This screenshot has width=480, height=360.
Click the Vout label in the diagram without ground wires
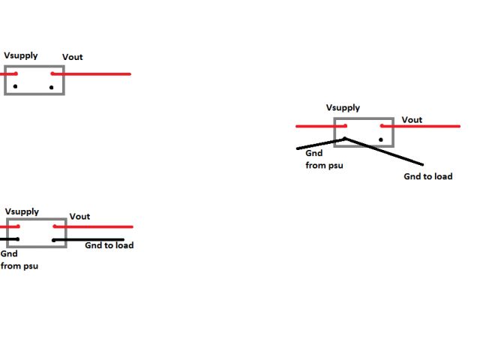click(x=73, y=57)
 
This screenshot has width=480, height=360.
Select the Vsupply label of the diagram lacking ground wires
click(x=21, y=55)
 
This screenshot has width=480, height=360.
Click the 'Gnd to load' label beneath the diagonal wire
click(x=427, y=177)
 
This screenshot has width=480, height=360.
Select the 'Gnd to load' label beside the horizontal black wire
click(x=109, y=245)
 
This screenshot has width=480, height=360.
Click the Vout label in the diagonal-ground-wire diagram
click(x=412, y=120)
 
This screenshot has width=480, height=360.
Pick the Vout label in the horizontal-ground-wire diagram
click(x=79, y=217)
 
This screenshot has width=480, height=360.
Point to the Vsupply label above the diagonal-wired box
click(x=343, y=108)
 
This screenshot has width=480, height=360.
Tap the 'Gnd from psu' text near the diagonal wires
click(x=324, y=159)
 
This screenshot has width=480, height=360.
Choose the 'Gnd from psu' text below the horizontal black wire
click(x=19, y=260)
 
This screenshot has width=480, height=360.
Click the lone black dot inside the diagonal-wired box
click(x=381, y=139)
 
